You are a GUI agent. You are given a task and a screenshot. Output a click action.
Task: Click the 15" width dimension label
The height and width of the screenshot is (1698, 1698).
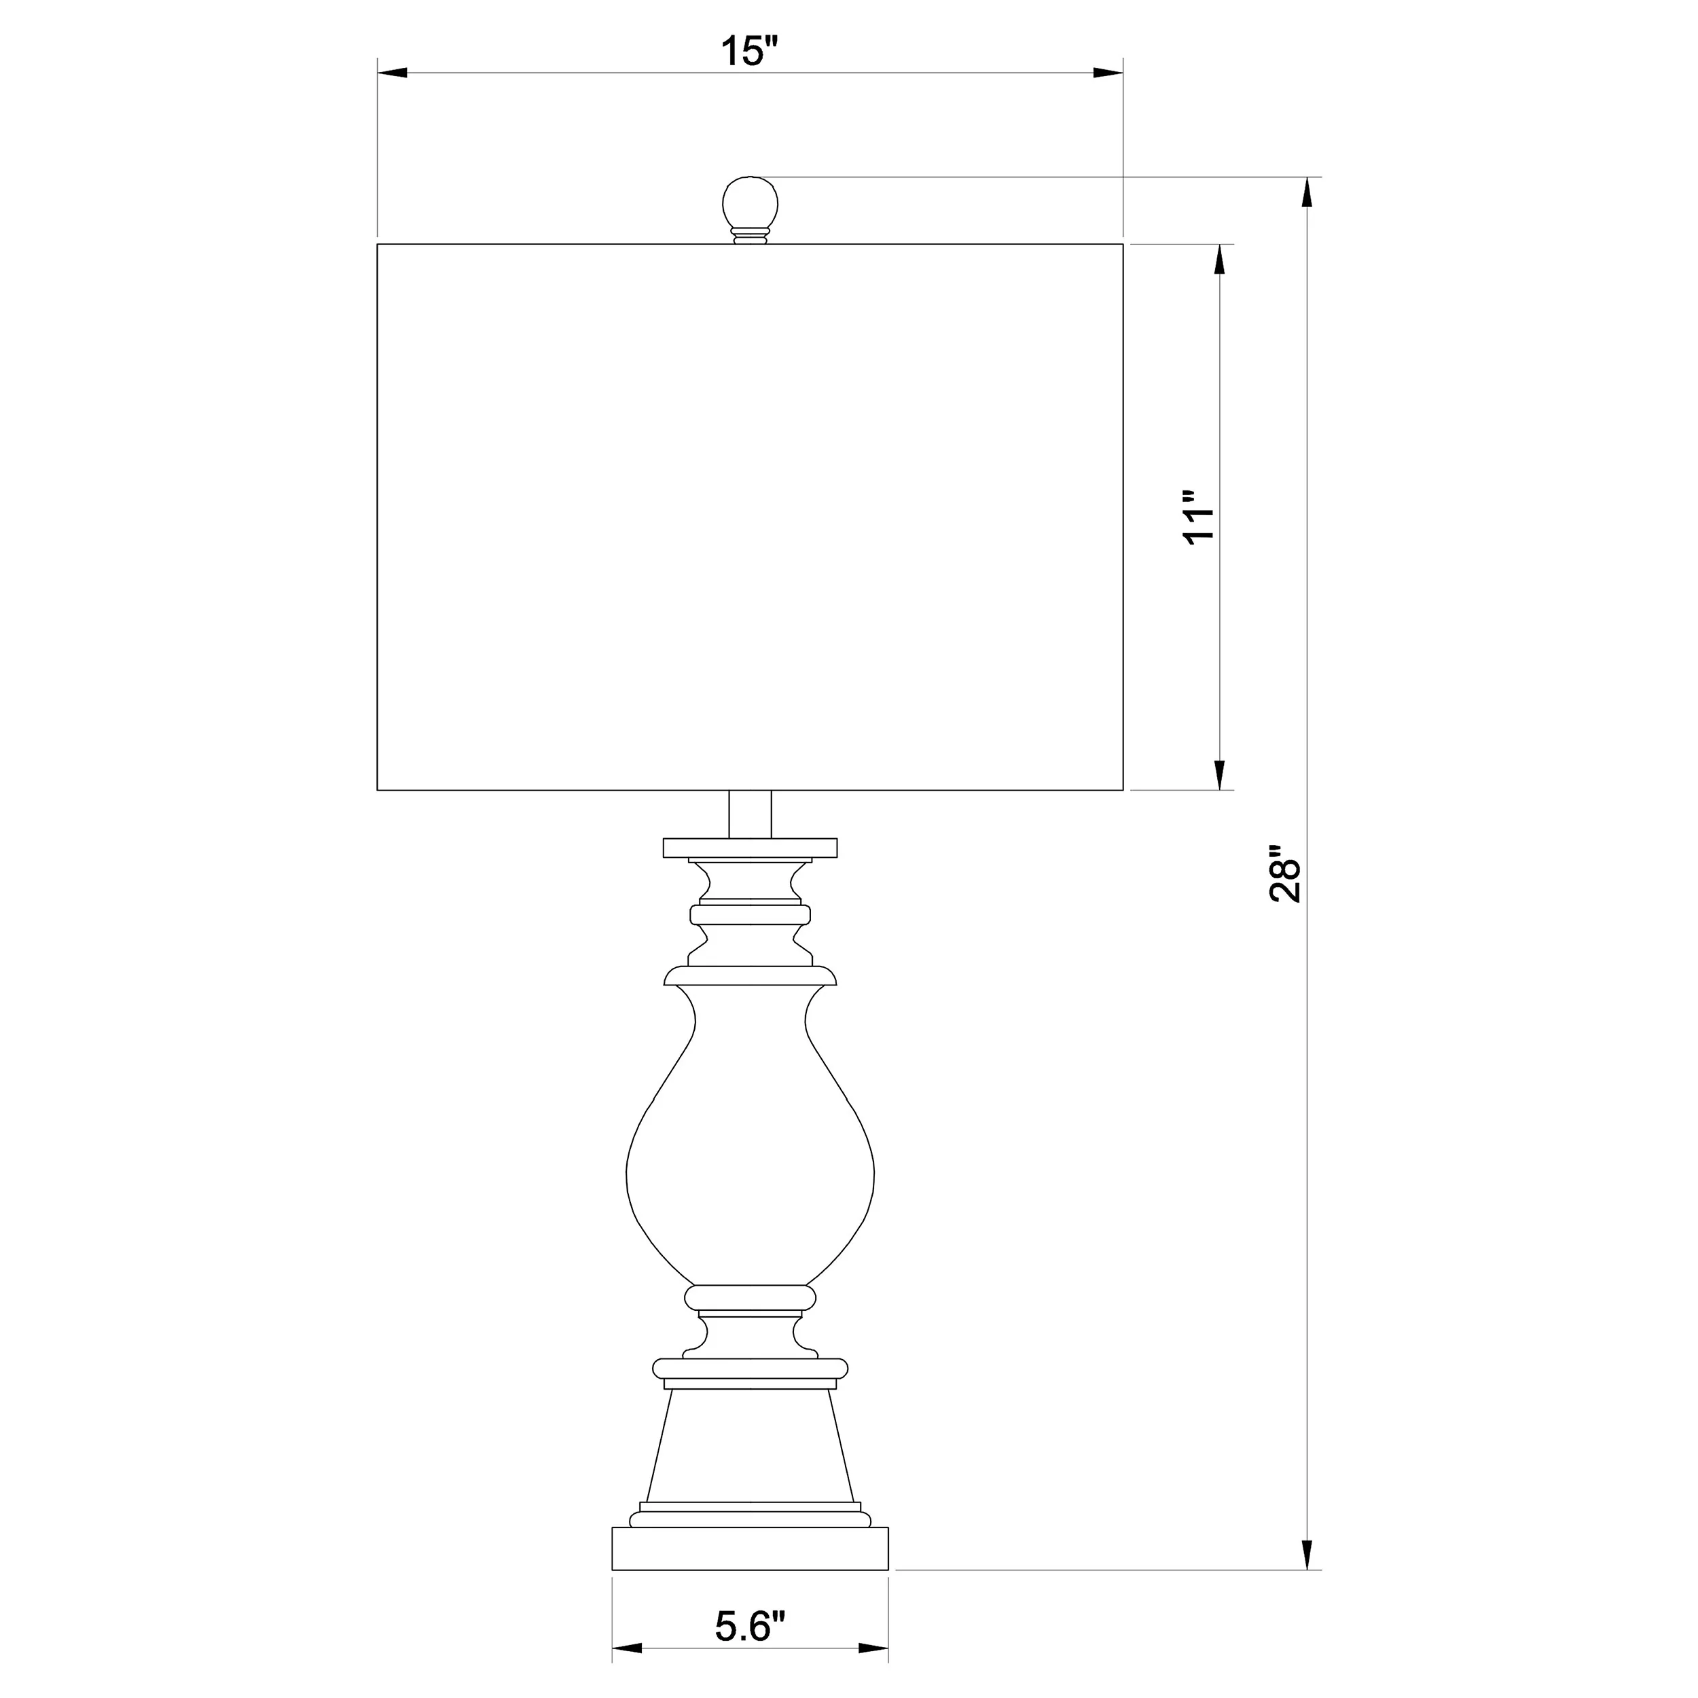coord(751,51)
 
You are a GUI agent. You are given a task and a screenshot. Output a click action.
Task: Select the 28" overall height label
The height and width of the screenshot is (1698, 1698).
coord(1285,875)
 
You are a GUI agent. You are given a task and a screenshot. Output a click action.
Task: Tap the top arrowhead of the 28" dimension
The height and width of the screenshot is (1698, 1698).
coord(1307,192)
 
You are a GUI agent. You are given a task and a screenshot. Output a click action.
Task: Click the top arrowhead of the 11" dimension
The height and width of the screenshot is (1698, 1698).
coord(1219,259)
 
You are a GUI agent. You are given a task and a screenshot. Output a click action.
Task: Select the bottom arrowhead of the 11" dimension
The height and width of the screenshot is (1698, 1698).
coord(1219,774)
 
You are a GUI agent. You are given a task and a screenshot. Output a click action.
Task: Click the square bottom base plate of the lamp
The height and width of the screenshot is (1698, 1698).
coord(750,1549)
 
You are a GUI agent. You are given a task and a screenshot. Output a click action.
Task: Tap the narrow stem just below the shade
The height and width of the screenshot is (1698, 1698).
coord(750,814)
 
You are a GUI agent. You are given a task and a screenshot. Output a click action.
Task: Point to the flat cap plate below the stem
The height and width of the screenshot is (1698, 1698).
coord(750,847)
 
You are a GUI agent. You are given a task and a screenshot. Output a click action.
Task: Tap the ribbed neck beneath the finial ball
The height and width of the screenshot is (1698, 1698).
coord(750,236)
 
